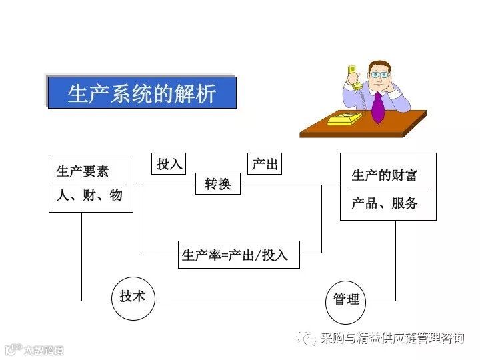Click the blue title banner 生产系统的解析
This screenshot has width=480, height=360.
(x=141, y=92)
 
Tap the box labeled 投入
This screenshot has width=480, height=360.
(x=169, y=164)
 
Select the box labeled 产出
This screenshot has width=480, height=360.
(x=265, y=164)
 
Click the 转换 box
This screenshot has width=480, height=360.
(x=217, y=183)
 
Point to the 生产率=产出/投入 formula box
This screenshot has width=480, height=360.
(x=239, y=255)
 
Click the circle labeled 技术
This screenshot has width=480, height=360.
(x=133, y=297)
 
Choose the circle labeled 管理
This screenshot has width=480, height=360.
(x=347, y=299)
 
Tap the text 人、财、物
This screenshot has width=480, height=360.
(x=89, y=195)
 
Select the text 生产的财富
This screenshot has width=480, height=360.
(x=385, y=175)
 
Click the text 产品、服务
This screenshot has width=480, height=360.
(x=384, y=203)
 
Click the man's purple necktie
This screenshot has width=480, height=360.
(x=378, y=107)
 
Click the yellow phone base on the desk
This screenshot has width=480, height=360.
(x=344, y=119)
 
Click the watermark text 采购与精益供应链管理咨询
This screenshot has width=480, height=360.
(x=392, y=338)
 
